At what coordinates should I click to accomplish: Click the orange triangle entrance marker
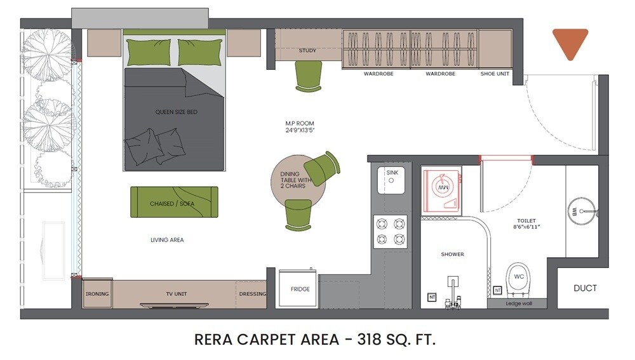570,42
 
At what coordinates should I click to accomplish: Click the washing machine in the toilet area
443,189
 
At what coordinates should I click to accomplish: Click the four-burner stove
391,231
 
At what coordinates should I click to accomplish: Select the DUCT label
585,288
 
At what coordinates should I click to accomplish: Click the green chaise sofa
174,202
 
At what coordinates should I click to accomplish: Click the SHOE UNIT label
495,74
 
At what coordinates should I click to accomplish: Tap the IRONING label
97,294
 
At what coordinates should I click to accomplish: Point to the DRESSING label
252,294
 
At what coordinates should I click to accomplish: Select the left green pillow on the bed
149,52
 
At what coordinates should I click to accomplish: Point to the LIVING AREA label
166,240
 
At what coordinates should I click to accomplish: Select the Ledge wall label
518,303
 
